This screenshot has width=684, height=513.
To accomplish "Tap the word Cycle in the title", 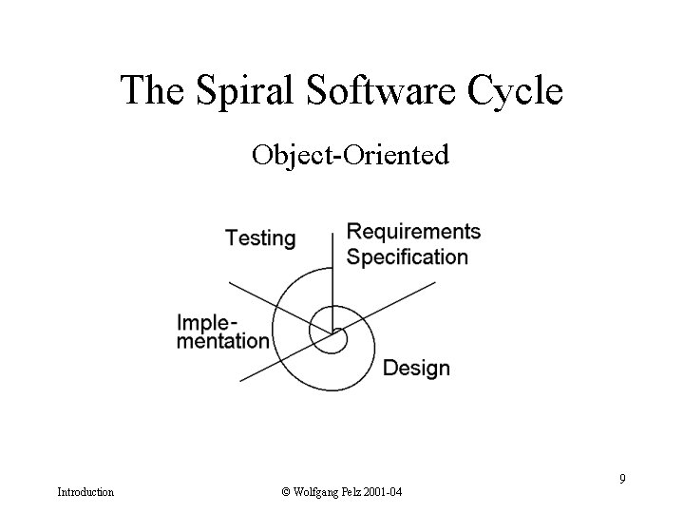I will point(516,91).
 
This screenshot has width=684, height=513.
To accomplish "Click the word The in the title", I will point(151,91).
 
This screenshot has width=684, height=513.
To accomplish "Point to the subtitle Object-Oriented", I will point(350,154).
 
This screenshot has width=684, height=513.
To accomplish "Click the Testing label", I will point(260,237).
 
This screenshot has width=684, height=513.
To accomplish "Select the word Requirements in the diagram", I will point(414,232).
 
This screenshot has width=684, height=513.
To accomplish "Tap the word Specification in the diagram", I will point(408,256).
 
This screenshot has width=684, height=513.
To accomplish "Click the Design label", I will point(416,368).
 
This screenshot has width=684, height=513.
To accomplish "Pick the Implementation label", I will point(223,331).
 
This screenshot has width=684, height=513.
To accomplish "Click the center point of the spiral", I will point(332,332).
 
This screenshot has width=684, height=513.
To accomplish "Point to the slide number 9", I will point(622,478).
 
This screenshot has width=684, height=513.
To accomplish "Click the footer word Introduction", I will point(85,492).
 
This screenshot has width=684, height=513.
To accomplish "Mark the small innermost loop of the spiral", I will point(337,338).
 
